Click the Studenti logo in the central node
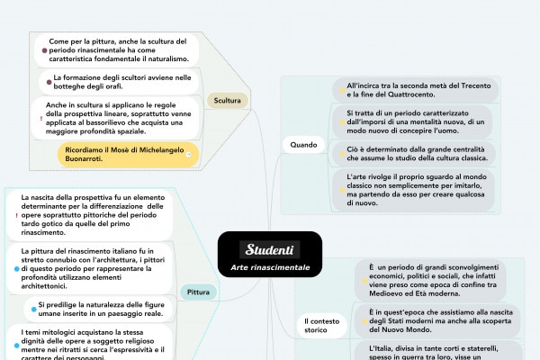coord(270,248)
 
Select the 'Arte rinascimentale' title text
coord(270,267)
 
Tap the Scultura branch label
coord(227,100)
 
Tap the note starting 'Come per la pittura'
coord(117,50)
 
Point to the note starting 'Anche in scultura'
coord(120,119)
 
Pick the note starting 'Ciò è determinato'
coord(417,152)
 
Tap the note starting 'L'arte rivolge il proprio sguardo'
coord(417,189)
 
